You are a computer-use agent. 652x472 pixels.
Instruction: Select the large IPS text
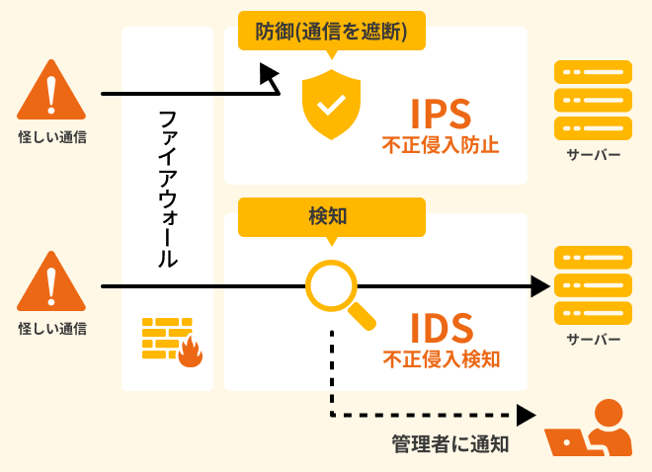tap(440, 114)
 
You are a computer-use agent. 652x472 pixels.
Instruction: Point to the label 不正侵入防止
tap(441, 146)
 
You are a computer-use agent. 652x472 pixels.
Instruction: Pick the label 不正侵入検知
tap(441, 358)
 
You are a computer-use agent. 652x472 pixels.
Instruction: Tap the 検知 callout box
tap(331, 215)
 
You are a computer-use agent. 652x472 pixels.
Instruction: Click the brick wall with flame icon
tap(171, 342)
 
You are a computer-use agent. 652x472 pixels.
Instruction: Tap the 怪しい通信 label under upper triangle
tap(52, 137)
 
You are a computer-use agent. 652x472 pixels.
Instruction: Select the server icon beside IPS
tap(593, 100)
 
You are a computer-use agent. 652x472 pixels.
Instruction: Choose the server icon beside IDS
tap(593, 285)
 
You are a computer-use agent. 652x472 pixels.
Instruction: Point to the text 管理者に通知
tap(449, 443)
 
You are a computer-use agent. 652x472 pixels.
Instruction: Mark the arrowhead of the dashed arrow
tap(527, 416)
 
